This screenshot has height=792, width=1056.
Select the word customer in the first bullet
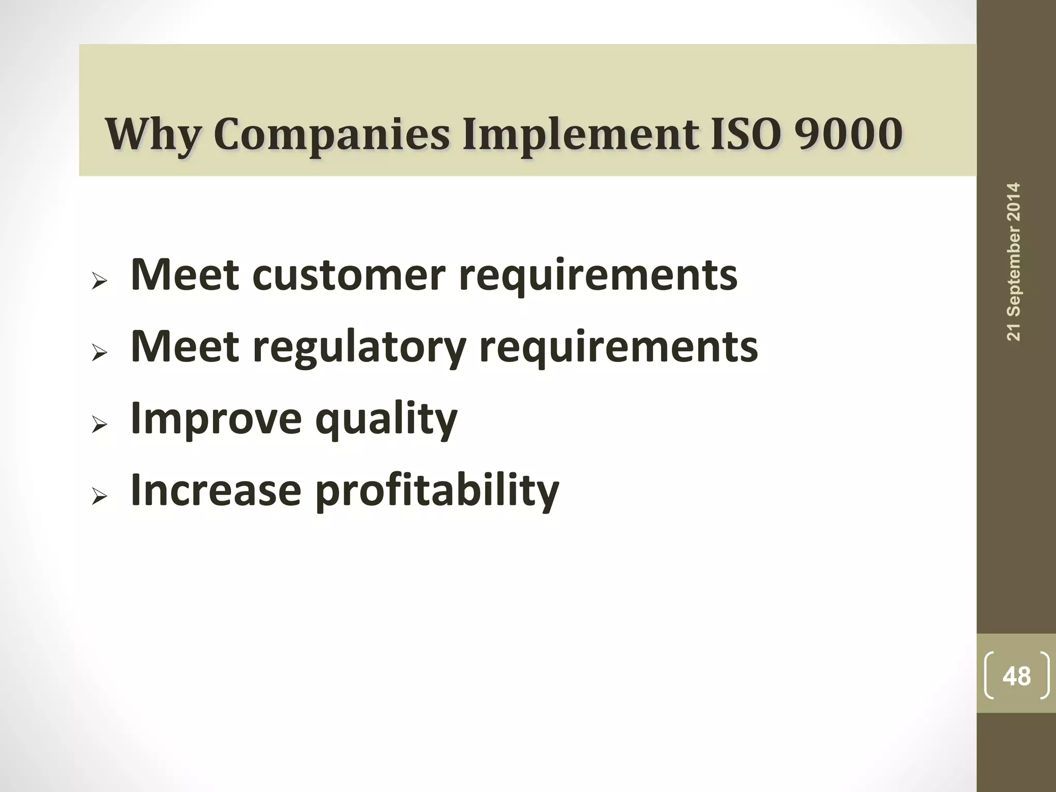(x=349, y=275)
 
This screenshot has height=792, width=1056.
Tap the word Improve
(x=216, y=419)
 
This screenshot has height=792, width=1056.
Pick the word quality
(x=386, y=419)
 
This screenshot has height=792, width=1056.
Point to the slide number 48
(x=1016, y=675)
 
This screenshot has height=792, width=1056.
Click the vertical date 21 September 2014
(x=1013, y=261)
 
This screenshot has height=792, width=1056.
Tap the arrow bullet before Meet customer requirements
(x=99, y=282)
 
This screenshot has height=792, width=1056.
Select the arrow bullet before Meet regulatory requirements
(x=99, y=354)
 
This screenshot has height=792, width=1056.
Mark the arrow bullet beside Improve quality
(x=99, y=425)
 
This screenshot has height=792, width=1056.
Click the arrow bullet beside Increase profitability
(x=99, y=497)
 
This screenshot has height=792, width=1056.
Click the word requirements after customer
(x=598, y=276)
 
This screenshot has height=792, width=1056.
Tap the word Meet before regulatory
(x=185, y=346)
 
